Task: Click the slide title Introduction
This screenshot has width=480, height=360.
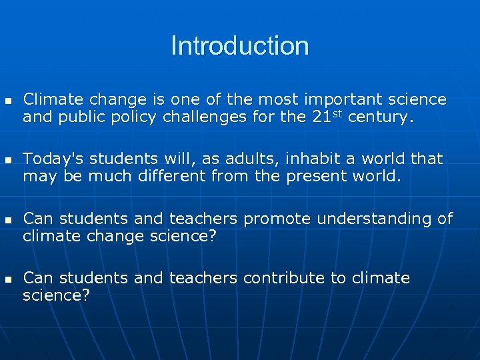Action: (240, 46)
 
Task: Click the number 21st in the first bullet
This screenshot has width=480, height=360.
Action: (327, 118)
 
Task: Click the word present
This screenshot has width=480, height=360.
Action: (317, 177)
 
